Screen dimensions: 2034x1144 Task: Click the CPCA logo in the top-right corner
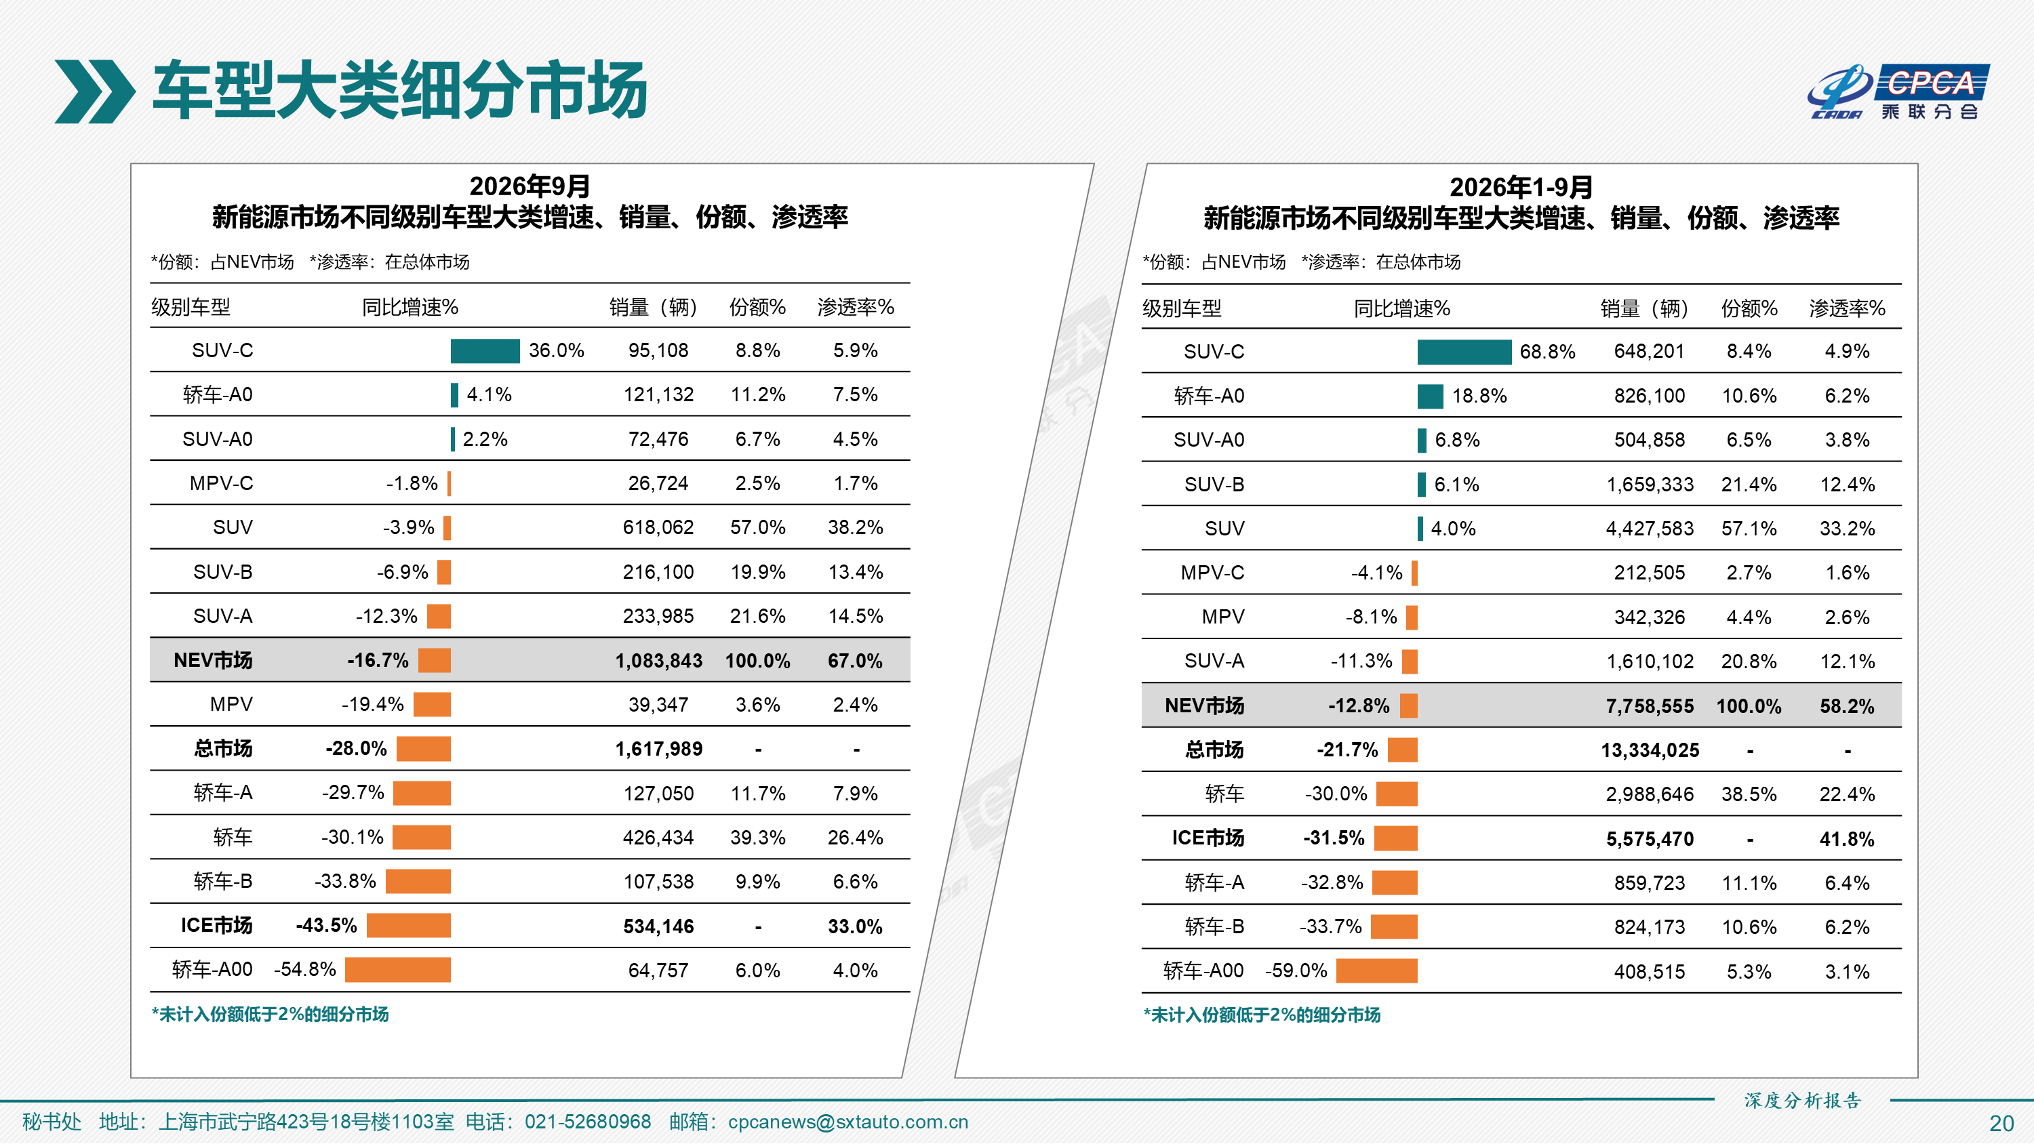(1898, 91)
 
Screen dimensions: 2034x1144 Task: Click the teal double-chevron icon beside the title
(95, 91)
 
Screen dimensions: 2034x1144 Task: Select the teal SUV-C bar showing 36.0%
(485, 350)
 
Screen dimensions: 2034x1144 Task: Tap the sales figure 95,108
(658, 350)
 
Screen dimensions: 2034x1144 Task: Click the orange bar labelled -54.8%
(398, 970)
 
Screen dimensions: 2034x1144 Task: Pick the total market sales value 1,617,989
(658, 748)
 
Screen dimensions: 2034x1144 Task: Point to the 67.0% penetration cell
(855, 661)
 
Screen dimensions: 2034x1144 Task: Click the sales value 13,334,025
(1650, 750)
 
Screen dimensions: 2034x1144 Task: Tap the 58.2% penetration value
(1847, 706)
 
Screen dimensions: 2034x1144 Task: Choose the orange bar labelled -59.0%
(1376, 971)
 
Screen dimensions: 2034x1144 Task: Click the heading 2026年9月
(530, 186)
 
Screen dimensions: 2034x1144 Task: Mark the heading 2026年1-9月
(1521, 187)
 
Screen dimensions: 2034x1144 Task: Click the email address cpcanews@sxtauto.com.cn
(848, 1122)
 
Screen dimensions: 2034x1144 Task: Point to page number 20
(2001, 1124)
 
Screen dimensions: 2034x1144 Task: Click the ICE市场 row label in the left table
(216, 925)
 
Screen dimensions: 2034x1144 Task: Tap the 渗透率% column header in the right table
(1847, 308)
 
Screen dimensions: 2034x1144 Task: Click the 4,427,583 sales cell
(1650, 528)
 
